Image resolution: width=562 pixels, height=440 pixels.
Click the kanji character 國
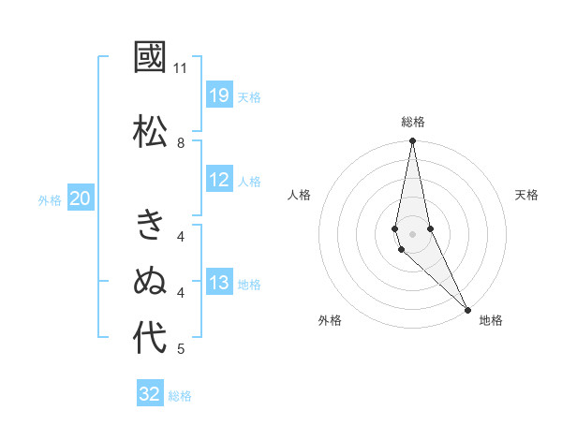point(150,59)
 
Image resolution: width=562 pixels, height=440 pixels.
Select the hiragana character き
point(150,226)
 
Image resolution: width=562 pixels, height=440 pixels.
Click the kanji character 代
point(150,337)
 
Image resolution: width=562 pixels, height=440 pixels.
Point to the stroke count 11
point(181,68)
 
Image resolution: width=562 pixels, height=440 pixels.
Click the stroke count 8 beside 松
point(181,142)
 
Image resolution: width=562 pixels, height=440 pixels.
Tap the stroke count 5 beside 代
point(181,349)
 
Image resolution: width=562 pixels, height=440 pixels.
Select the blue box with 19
point(219,95)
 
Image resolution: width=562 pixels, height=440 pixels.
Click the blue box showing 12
point(219,180)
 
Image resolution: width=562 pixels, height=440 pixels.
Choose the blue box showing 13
point(219,283)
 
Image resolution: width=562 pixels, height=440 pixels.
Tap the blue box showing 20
point(81,198)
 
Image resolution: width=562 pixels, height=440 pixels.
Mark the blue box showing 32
point(150,394)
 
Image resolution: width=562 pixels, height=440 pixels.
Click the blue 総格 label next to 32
point(180,396)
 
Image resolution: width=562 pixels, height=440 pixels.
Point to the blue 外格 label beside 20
point(50,200)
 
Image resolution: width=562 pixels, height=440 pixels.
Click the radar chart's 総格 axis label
point(413,122)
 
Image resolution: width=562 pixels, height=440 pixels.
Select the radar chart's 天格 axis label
point(526,195)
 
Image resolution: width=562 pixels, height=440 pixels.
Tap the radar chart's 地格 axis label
point(491,320)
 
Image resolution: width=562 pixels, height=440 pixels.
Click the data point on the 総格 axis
point(412,141)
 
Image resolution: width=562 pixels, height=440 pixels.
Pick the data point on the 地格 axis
point(467,308)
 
